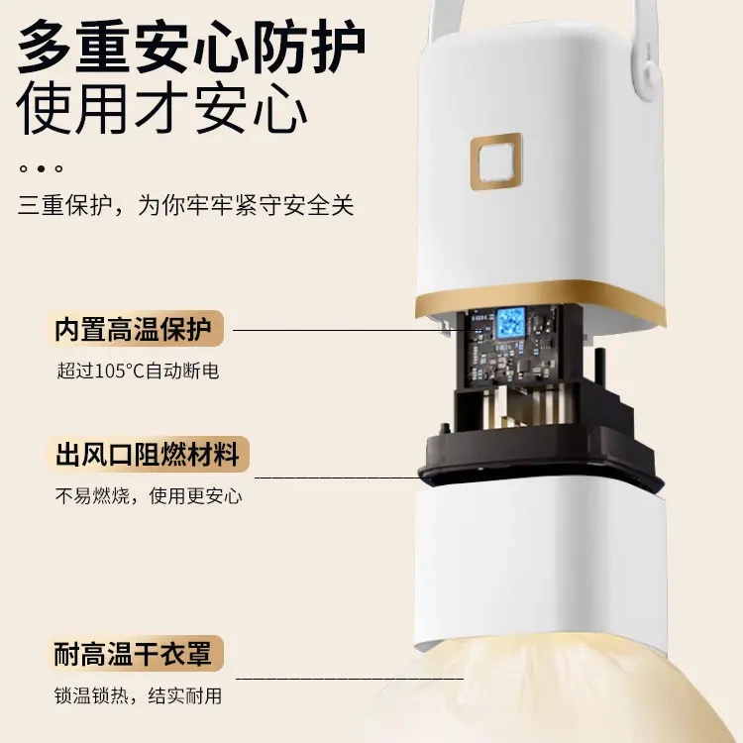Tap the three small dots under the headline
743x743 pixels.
[42, 169]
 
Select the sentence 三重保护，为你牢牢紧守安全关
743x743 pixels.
[185, 206]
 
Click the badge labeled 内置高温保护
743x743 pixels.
[138, 329]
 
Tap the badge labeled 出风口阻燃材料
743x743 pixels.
[148, 456]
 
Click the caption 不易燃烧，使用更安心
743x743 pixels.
[148, 496]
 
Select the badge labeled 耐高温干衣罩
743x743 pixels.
[138, 655]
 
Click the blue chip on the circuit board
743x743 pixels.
[510, 321]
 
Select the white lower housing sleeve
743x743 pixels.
[536, 565]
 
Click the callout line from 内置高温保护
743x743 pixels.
[337, 330]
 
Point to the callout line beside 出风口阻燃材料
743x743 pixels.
[337, 477]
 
